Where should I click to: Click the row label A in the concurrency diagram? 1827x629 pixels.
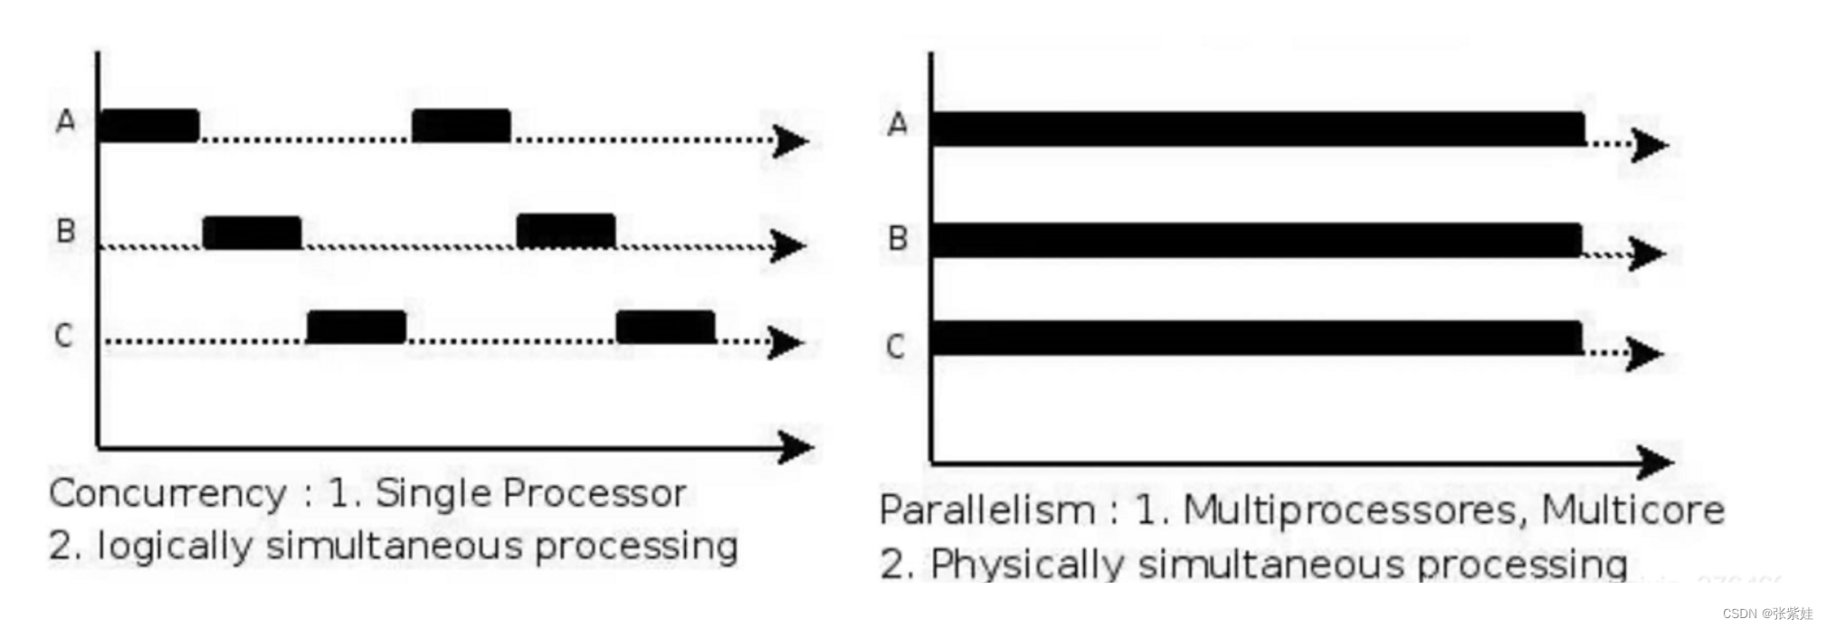point(65,120)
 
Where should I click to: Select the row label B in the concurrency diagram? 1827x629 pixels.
point(65,231)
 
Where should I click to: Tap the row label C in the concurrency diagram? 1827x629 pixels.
point(63,336)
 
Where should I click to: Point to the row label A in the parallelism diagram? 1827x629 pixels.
point(897,123)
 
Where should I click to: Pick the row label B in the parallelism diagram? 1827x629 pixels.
point(898,238)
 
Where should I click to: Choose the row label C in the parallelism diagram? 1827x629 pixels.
point(895,346)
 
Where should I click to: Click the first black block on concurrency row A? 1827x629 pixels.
point(149,126)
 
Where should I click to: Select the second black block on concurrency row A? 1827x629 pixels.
point(462,126)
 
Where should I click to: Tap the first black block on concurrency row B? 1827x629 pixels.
point(252,233)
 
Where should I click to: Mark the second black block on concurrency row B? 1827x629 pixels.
point(566,231)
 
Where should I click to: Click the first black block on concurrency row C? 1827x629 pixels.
point(357,327)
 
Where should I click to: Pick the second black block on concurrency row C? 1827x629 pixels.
point(666,327)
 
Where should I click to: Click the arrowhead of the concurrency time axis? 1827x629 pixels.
point(795,447)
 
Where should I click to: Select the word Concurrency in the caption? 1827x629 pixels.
point(168,494)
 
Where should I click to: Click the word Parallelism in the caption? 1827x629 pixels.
point(987,510)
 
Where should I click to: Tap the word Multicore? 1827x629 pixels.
point(1632,510)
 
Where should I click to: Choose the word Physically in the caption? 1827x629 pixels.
point(1028,564)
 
